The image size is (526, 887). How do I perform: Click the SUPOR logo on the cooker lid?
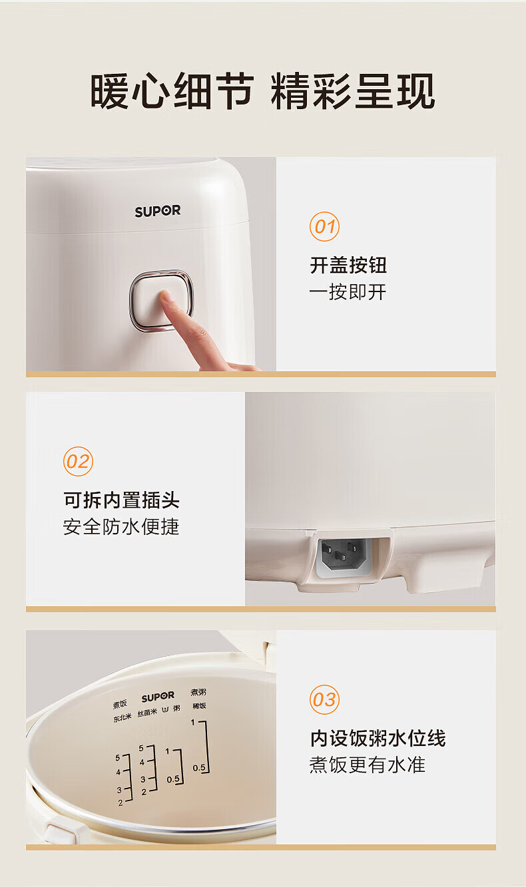pos(158,211)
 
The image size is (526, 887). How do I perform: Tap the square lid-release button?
pos(161,300)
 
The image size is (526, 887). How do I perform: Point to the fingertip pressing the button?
pos(165,295)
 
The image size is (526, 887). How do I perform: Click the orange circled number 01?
pos(324,226)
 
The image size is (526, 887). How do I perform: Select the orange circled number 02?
pos(78,461)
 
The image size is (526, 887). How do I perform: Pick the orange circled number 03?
pos(324,700)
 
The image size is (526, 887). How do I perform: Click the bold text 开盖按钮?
pos(348,265)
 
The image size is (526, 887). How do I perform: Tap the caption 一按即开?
pos(348,292)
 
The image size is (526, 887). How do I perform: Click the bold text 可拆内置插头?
pos(122,500)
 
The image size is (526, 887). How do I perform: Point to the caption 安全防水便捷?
pos(121,526)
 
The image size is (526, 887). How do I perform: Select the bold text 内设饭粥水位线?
pos(378,738)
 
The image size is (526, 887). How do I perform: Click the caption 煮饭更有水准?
pos(368,765)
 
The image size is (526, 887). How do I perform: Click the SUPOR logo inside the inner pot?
pos(158,697)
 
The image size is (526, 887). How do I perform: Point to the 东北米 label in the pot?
pos(123,718)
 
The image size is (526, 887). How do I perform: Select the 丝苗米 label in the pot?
pos(147,713)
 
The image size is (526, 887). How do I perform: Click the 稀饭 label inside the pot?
pos(199,705)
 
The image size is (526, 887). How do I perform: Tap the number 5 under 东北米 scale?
pos(118,758)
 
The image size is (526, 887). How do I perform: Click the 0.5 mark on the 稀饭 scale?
pos(199,768)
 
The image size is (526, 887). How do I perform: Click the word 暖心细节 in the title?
pos(172,92)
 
